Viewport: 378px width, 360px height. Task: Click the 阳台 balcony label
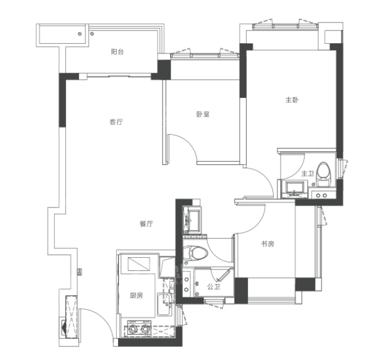pyautogui.click(x=117, y=52)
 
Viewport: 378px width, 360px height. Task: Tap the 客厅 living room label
pyautogui.click(x=116, y=122)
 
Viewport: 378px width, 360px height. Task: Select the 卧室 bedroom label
pyautogui.click(x=203, y=114)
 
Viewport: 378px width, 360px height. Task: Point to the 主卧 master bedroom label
pyautogui.click(x=292, y=100)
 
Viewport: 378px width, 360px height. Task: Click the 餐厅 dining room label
pyautogui.click(x=146, y=224)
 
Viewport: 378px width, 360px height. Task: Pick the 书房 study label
pyautogui.click(x=267, y=244)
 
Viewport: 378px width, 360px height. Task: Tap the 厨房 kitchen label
pyautogui.click(x=136, y=295)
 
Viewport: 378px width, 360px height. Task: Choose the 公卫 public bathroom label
pyautogui.click(x=214, y=287)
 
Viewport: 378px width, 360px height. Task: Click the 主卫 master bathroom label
pyautogui.click(x=308, y=173)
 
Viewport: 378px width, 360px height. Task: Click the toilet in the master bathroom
pyautogui.click(x=323, y=174)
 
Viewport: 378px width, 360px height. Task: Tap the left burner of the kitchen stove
pyautogui.click(x=132, y=328)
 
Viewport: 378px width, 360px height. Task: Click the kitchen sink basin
pyautogui.click(x=164, y=304)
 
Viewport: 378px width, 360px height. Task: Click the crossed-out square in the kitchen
pyautogui.click(x=139, y=264)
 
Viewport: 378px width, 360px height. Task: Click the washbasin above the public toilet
pyautogui.click(x=193, y=221)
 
